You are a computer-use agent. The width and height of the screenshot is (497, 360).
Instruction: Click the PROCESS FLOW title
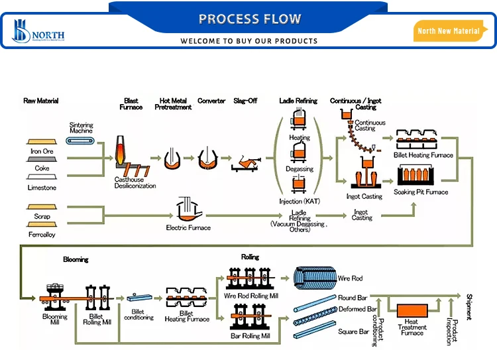click(x=249, y=19)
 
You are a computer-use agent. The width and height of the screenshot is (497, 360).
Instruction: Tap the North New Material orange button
click(x=448, y=31)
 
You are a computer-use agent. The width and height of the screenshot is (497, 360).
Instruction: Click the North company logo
click(x=36, y=30)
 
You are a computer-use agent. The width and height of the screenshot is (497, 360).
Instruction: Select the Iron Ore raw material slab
click(x=42, y=141)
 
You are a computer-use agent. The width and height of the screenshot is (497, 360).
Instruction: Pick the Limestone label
click(x=42, y=188)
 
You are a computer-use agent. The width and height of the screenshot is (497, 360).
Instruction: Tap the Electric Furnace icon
click(x=188, y=211)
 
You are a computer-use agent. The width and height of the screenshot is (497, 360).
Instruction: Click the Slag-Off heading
click(x=245, y=101)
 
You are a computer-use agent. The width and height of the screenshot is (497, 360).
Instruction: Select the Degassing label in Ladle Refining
click(x=300, y=169)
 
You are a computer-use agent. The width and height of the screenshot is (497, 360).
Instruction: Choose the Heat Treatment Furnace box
click(x=411, y=312)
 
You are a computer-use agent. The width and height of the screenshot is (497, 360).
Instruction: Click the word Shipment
click(x=469, y=307)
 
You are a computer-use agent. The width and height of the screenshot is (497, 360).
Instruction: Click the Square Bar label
click(x=353, y=331)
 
